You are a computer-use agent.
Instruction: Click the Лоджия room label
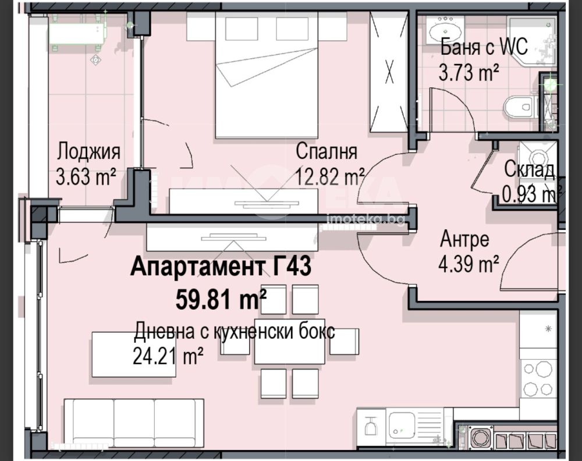[88, 152]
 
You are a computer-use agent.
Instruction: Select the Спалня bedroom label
[327, 151]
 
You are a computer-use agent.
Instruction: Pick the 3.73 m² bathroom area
[469, 72]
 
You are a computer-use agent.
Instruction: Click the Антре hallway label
[464, 239]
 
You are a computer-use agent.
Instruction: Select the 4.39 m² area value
[469, 264]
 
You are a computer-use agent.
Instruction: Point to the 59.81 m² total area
[221, 299]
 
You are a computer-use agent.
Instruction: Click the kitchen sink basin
[402, 425]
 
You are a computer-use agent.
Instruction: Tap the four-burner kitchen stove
[538, 378]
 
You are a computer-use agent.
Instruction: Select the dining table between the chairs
[289, 342]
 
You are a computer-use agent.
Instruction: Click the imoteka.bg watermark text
[365, 219]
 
